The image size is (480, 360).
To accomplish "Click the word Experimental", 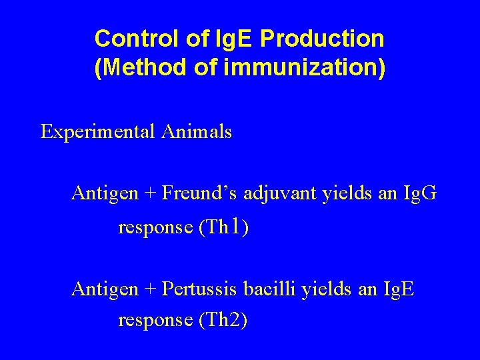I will point(97,132).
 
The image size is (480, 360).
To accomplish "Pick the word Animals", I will point(197,132).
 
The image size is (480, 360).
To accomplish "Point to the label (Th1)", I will point(224,228).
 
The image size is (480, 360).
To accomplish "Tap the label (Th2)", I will point(223,320).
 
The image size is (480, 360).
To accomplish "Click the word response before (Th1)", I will point(155,229).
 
